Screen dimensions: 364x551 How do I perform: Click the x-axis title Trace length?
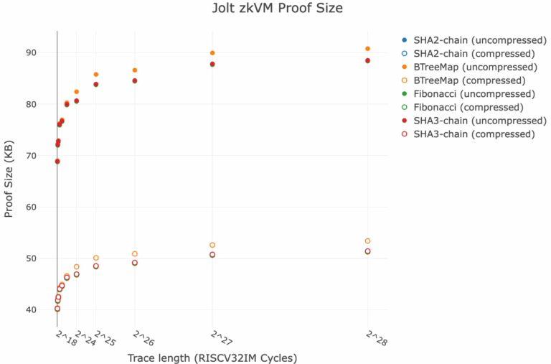[x=212, y=358]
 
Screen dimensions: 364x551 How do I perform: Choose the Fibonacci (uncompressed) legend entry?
[x=468, y=94]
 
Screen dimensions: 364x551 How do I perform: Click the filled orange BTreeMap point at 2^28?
[x=367, y=49]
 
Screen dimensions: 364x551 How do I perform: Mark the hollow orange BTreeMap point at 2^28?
[x=367, y=241]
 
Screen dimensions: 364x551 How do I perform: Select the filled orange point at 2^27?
[x=212, y=53]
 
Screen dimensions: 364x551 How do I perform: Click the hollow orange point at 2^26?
[x=135, y=254]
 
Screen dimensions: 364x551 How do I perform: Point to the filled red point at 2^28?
[x=367, y=60]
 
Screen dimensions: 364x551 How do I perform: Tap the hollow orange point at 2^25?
[x=96, y=258]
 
